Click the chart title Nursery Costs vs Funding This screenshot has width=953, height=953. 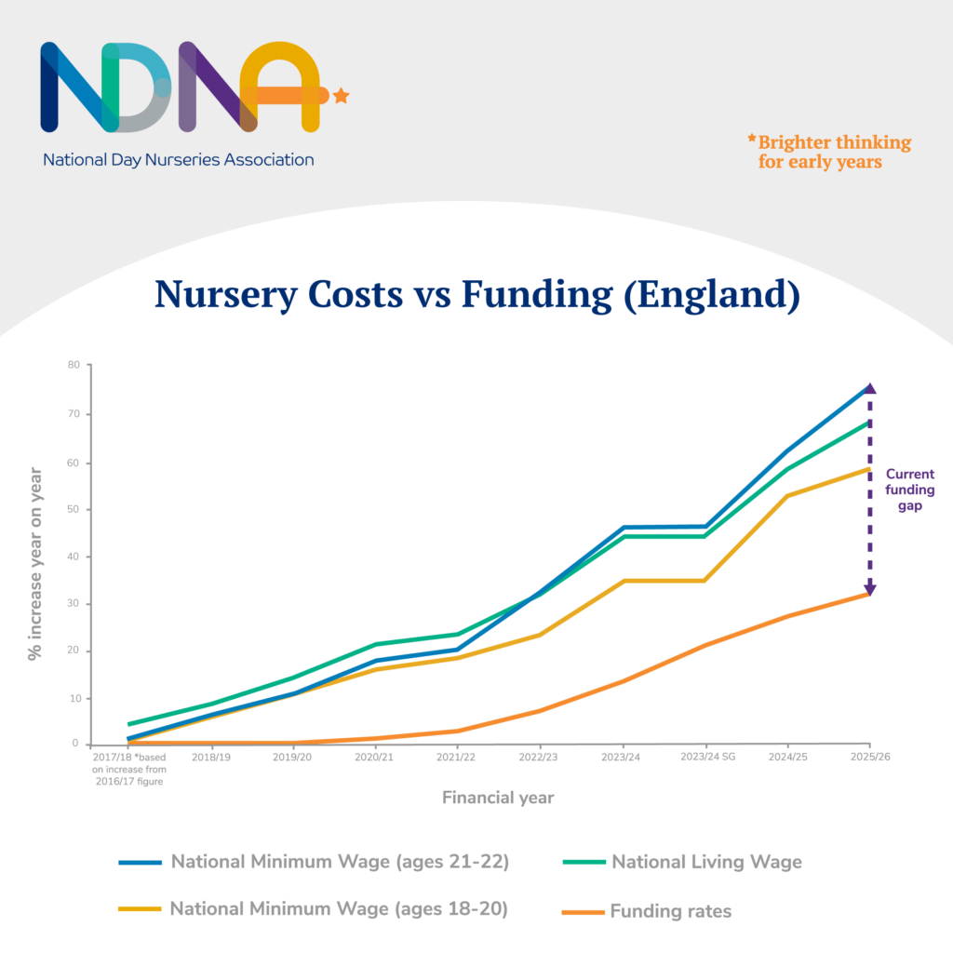(476, 293)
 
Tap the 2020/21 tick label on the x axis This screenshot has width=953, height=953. (374, 758)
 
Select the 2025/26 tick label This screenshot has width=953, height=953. (869, 758)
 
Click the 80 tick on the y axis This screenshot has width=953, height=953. (73, 365)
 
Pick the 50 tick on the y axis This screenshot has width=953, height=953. (73, 509)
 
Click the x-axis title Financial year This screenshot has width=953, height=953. (498, 798)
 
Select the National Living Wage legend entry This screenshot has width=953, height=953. (705, 862)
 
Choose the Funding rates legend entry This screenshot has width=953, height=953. (670, 911)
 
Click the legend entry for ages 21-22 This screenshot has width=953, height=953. (339, 862)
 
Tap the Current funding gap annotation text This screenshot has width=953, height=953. (909, 490)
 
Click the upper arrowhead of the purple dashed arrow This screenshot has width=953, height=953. (870, 389)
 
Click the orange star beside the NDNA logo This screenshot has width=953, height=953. (341, 95)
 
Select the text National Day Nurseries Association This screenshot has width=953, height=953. (178, 159)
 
